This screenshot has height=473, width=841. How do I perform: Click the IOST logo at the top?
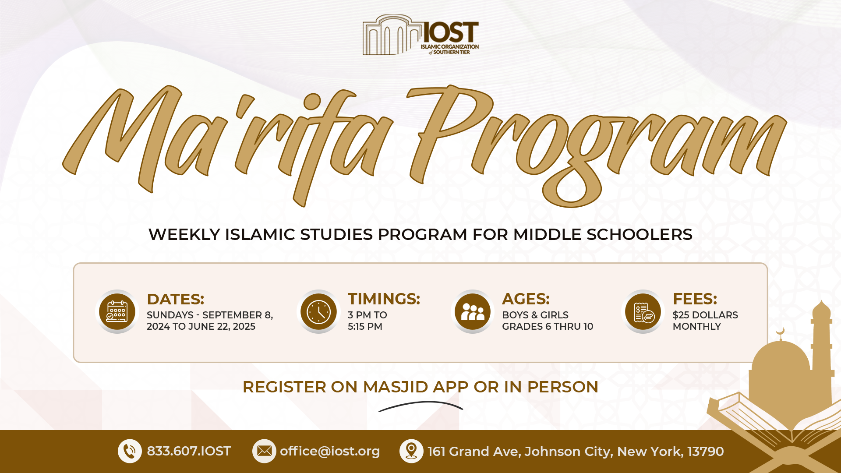420,35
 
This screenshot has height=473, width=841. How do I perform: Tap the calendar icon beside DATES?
117,311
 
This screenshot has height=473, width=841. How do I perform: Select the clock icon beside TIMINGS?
318,311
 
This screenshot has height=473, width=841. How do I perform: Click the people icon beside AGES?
473,311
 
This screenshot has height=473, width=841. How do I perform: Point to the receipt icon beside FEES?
643,311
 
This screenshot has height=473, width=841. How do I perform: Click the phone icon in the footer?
130,451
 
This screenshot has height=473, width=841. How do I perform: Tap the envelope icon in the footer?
264,451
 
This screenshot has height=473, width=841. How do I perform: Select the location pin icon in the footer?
411,451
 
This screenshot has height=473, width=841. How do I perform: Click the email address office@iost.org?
330,452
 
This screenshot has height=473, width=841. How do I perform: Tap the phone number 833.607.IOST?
189,451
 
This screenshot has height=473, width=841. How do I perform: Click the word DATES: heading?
176,299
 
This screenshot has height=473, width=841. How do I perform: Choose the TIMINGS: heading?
384,299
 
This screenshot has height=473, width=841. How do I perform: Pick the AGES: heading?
526,299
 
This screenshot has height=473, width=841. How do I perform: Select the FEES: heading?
695,299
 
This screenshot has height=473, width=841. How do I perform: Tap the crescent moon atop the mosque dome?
780,332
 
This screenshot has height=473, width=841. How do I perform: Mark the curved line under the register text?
420,403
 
